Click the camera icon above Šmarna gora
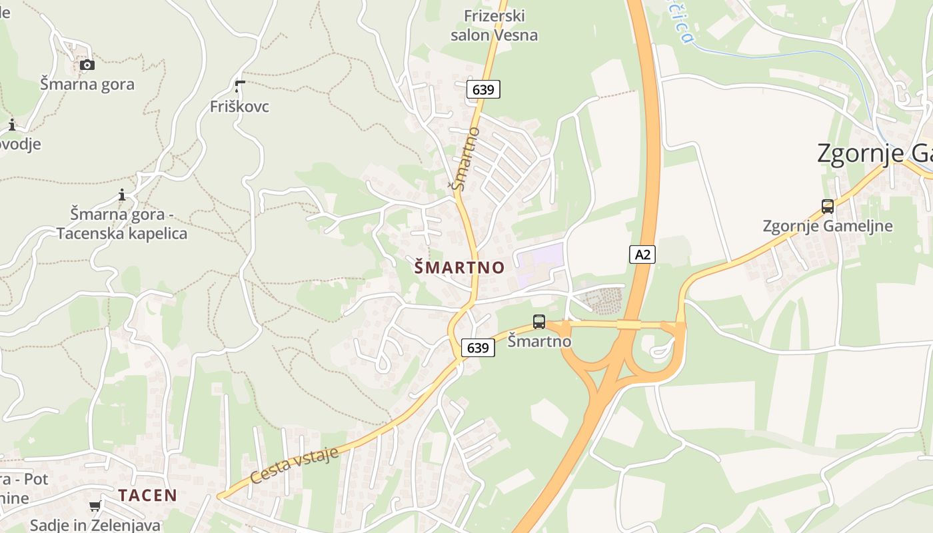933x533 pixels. click(87, 65)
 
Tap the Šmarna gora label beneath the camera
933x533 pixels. click(87, 85)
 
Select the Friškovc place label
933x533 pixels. click(239, 107)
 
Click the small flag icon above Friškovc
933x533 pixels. click(239, 86)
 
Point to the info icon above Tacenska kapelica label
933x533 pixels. click(122, 195)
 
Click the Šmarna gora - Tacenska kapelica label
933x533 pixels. click(122, 225)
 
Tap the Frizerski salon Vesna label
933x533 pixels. click(494, 25)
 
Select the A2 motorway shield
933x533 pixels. click(642, 254)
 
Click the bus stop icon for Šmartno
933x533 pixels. click(539, 322)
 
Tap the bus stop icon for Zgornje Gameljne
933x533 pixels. click(827, 207)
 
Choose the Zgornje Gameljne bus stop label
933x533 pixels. click(827, 226)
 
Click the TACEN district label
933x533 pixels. click(148, 495)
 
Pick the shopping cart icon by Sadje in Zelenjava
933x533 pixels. click(95, 506)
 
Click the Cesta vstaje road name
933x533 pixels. click(295, 466)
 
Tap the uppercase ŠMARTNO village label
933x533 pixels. click(459, 267)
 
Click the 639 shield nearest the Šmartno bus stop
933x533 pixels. click(478, 347)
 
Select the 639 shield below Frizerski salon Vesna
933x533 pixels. click(483, 89)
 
